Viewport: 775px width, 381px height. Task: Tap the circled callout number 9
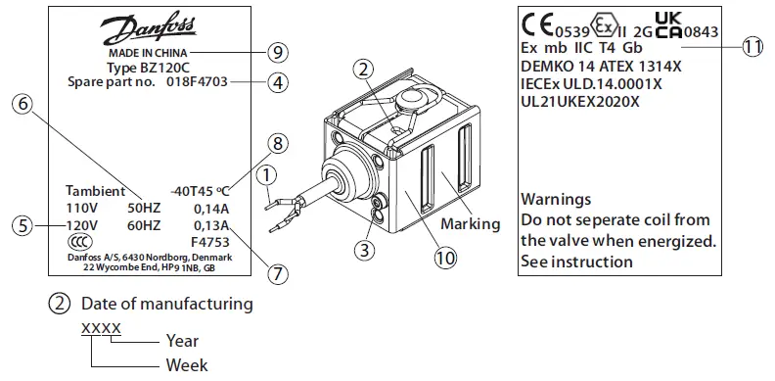[x=279, y=51]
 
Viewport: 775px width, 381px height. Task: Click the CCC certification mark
[x=75, y=242]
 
